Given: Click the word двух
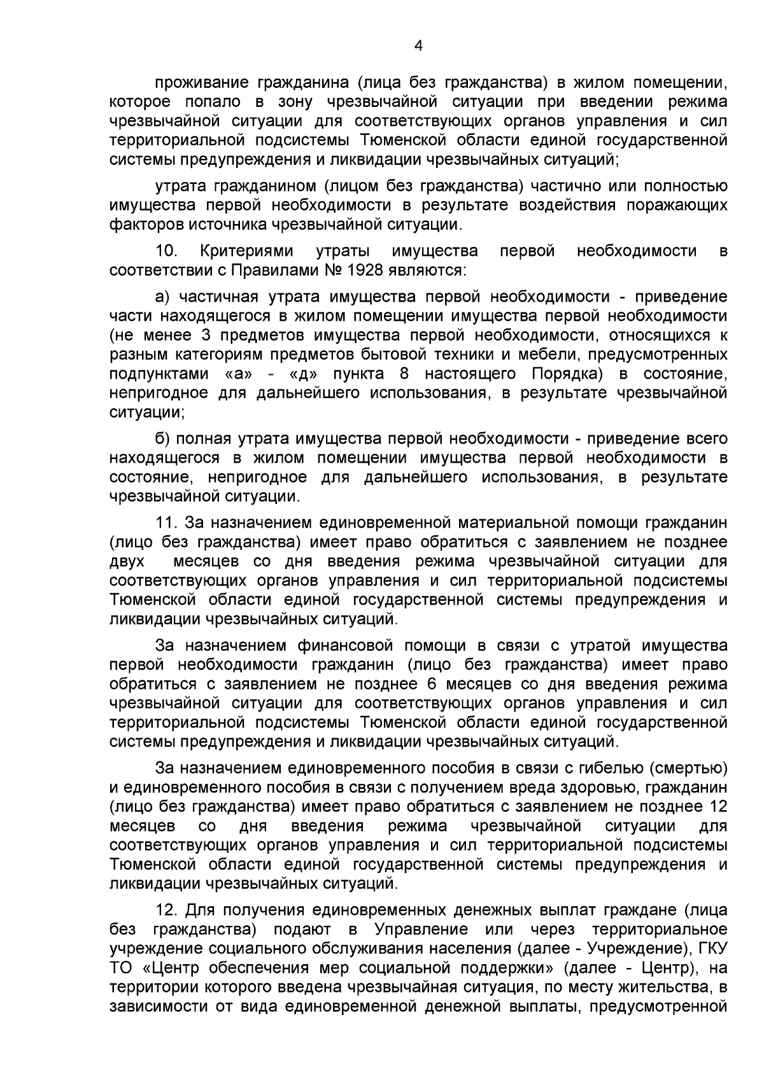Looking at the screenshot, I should (x=127, y=561).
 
